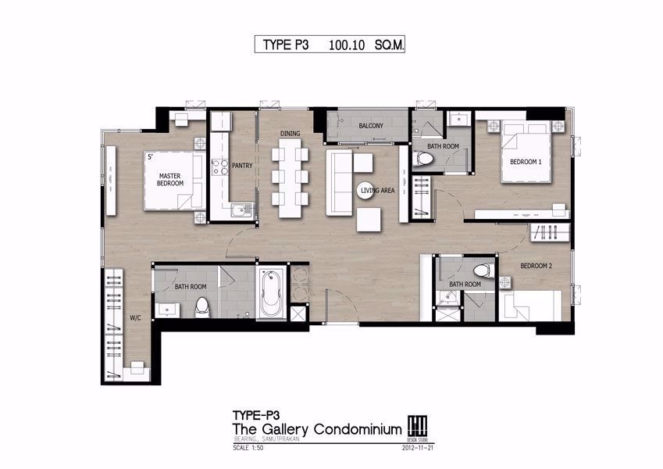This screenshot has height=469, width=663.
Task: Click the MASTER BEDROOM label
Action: click(x=169, y=179)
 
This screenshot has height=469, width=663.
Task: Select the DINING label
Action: click(x=291, y=134)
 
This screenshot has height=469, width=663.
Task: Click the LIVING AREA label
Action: click(x=376, y=191)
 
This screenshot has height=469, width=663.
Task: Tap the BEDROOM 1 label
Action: click(x=526, y=162)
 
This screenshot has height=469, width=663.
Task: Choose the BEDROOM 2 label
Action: click(x=536, y=266)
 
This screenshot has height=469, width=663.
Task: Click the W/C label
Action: click(x=134, y=318)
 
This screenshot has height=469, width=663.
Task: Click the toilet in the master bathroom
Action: click(x=202, y=306)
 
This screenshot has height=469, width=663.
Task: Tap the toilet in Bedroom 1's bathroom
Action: click(x=425, y=159)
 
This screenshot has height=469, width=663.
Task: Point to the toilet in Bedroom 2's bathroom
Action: click(x=481, y=271)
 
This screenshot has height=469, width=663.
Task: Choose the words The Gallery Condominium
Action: click(x=317, y=429)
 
